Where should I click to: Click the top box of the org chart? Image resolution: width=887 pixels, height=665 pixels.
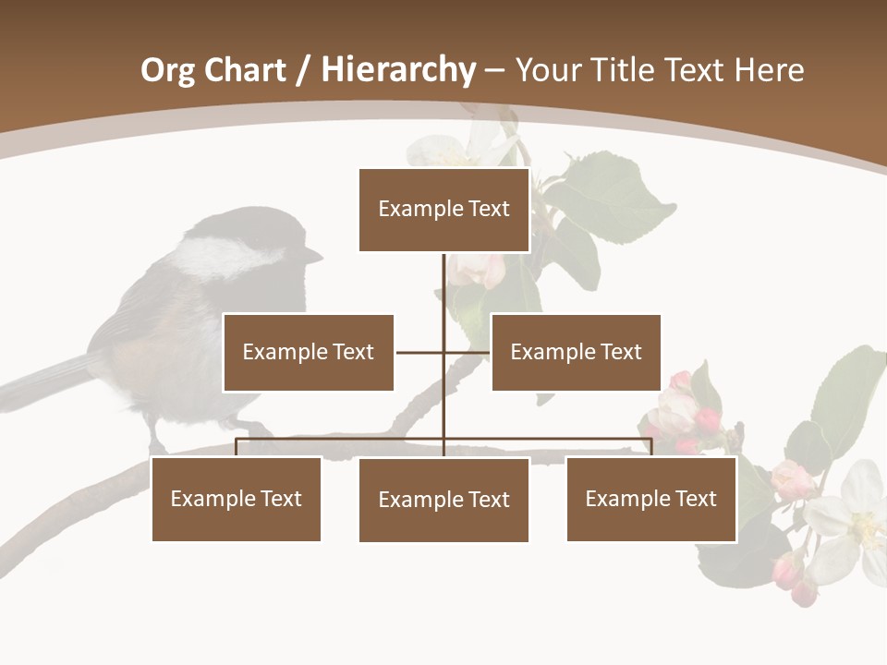[x=443, y=210]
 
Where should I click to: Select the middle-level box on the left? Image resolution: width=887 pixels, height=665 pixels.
[x=308, y=352]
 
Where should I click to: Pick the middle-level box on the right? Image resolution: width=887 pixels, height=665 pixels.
[x=576, y=352]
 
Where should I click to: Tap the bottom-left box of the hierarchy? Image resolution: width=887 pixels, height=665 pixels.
[x=236, y=499]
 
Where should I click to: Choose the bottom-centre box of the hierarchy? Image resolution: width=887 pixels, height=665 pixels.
[x=443, y=500]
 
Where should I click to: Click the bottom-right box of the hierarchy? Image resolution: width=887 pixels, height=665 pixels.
[x=650, y=499]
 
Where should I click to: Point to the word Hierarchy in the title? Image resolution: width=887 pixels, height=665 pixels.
[x=398, y=70]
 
